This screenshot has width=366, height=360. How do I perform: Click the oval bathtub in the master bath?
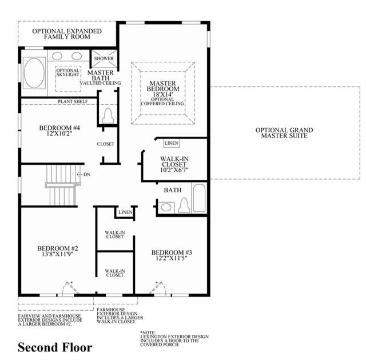click(x=34, y=73)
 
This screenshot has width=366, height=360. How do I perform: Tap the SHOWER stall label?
click(x=104, y=58)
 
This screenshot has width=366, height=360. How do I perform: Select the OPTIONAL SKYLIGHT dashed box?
click(x=68, y=79)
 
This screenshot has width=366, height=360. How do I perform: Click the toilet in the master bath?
click(x=108, y=116)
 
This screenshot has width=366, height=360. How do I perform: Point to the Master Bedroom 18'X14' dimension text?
click(x=162, y=94)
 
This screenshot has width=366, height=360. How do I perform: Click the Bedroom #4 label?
click(x=59, y=128)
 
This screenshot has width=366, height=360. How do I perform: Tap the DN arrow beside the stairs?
click(x=83, y=174)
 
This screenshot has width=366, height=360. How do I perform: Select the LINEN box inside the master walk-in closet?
click(x=172, y=143)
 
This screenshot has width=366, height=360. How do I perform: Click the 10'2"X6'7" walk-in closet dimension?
click(x=174, y=170)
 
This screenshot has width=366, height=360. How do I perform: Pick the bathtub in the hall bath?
click(x=200, y=198)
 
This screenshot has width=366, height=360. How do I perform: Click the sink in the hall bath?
click(x=166, y=207)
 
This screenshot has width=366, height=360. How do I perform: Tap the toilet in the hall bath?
click(x=184, y=205)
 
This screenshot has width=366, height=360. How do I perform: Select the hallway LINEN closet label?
click(x=125, y=212)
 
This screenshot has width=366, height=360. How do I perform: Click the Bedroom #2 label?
click(x=58, y=248)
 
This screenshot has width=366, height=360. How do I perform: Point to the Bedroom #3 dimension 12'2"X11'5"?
click(x=172, y=258)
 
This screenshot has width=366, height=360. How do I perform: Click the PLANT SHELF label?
click(x=73, y=102)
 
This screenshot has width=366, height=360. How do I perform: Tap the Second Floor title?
click(x=55, y=347)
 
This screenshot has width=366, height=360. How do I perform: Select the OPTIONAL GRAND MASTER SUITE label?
click(x=284, y=133)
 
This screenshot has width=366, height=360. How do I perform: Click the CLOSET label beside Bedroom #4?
click(x=105, y=144)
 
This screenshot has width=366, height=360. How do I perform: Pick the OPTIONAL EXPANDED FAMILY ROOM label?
click(x=67, y=34)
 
